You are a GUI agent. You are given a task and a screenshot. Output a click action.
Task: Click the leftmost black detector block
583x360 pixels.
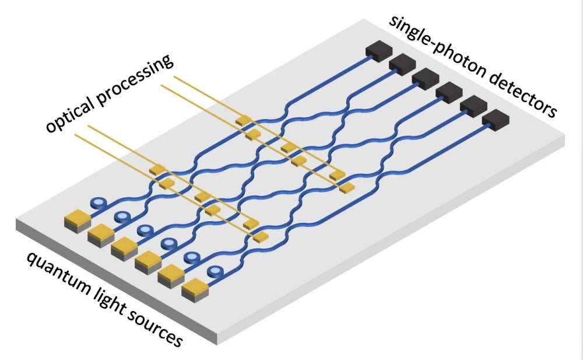378,51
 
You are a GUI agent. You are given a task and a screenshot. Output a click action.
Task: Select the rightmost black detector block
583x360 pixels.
495,119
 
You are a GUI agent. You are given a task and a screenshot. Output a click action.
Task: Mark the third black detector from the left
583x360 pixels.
425,78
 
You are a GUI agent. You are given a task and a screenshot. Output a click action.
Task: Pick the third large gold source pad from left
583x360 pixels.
124,247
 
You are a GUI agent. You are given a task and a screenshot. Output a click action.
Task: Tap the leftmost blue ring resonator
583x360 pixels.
99,204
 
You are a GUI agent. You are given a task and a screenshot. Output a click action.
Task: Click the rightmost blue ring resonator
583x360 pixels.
215,271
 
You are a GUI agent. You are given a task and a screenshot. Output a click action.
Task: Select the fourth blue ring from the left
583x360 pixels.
168,243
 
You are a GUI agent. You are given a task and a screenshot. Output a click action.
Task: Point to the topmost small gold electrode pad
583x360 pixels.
243,120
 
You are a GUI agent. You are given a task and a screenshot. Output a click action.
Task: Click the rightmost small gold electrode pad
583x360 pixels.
347,188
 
